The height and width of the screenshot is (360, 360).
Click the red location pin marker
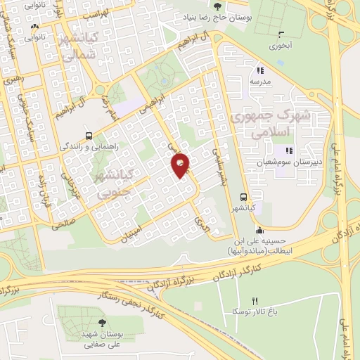pyautogui.click(x=181, y=165)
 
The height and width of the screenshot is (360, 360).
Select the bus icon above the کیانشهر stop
pyautogui.click(x=243, y=198)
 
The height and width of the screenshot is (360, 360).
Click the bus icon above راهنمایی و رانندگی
pyautogui.click(x=89, y=136)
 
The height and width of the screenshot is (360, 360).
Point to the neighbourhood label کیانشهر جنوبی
pyautogui.click(x=111, y=181)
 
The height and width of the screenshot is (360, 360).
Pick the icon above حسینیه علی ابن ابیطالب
pyautogui.click(x=259, y=229)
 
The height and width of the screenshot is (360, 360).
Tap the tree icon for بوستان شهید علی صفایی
pyautogui.click(x=103, y=323)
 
